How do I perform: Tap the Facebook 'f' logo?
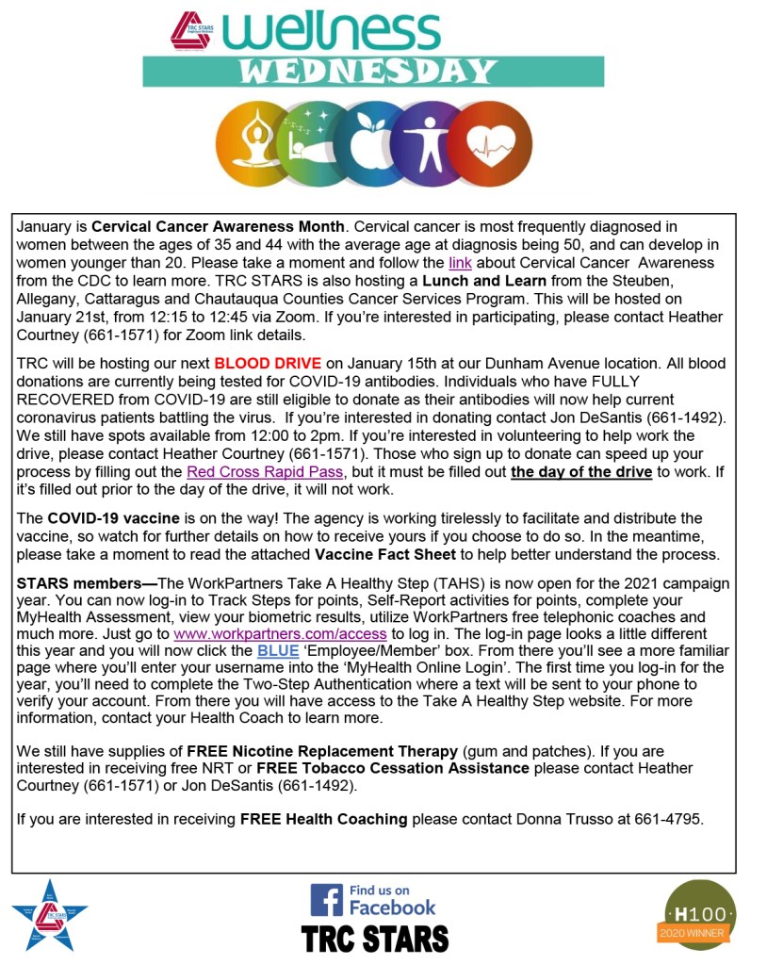pos(326,900)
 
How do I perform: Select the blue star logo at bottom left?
pos(49,914)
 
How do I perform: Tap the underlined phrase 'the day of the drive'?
pos(581,471)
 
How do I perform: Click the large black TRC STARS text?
pos(375,938)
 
